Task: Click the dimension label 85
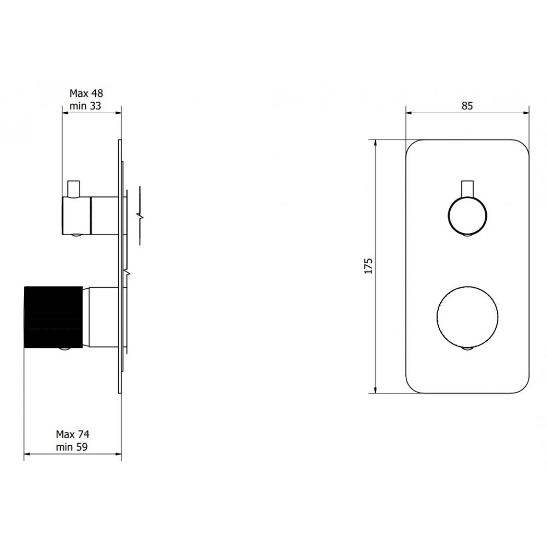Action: tap(467, 106)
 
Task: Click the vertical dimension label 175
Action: tap(368, 266)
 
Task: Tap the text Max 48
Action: tap(86, 93)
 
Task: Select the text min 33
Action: tap(85, 106)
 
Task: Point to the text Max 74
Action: tap(73, 434)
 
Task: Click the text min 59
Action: tap(72, 447)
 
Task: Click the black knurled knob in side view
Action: tap(53, 317)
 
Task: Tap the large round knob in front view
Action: tap(468, 317)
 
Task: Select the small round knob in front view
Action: tap(467, 216)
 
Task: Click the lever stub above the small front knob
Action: tap(467, 189)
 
